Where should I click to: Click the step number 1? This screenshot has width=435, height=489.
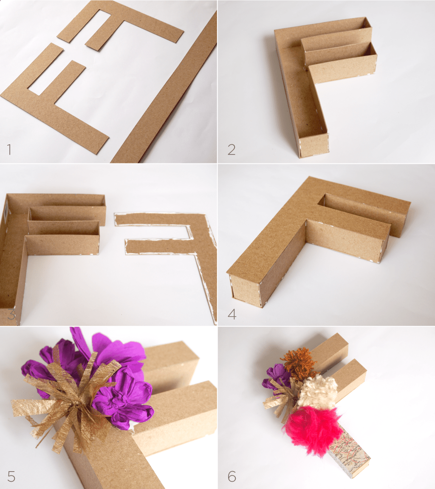[x=9, y=149]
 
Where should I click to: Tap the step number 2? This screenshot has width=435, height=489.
[x=231, y=149]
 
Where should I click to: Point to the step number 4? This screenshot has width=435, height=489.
[x=232, y=315]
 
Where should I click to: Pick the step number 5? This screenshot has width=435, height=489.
[x=11, y=476]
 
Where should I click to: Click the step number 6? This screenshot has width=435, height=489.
[x=232, y=476]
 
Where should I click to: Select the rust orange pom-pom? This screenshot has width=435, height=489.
[x=299, y=363]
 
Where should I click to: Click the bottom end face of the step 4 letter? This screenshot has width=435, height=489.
[x=245, y=291]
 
